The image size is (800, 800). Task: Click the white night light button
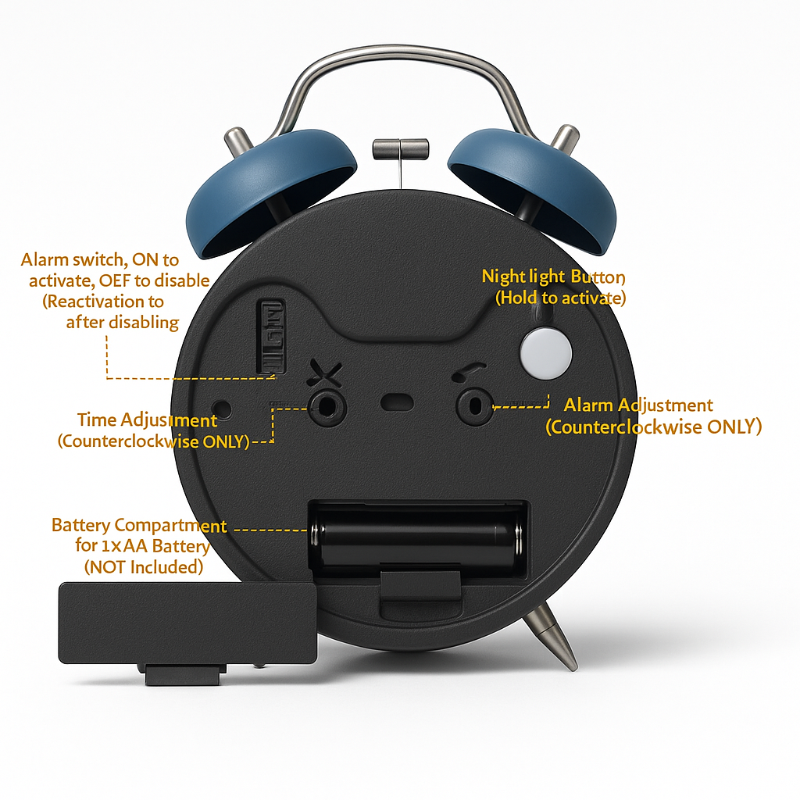pos(545,352)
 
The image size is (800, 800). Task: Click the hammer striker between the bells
pos(401,148)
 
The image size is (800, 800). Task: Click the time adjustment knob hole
pos(326,406)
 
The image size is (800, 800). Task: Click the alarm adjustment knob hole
pos(474,406)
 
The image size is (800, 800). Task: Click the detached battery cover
pos(187,622)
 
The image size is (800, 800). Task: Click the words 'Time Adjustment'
pos(147,420)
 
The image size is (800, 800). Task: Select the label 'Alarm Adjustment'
pos(638,405)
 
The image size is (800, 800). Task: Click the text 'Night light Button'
pos(553,277)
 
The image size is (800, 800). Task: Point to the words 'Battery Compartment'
pos(139,525)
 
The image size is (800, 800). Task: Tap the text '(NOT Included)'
pos(143,566)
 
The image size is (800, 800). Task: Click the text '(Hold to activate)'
pos(560,298)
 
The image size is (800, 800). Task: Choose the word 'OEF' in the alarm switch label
pos(134,280)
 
